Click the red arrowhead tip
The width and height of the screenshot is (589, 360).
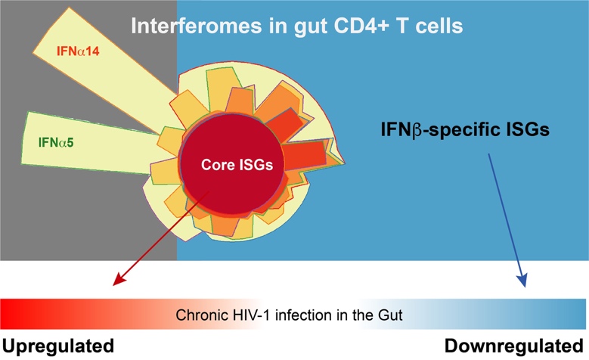(x=114, y=286)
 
